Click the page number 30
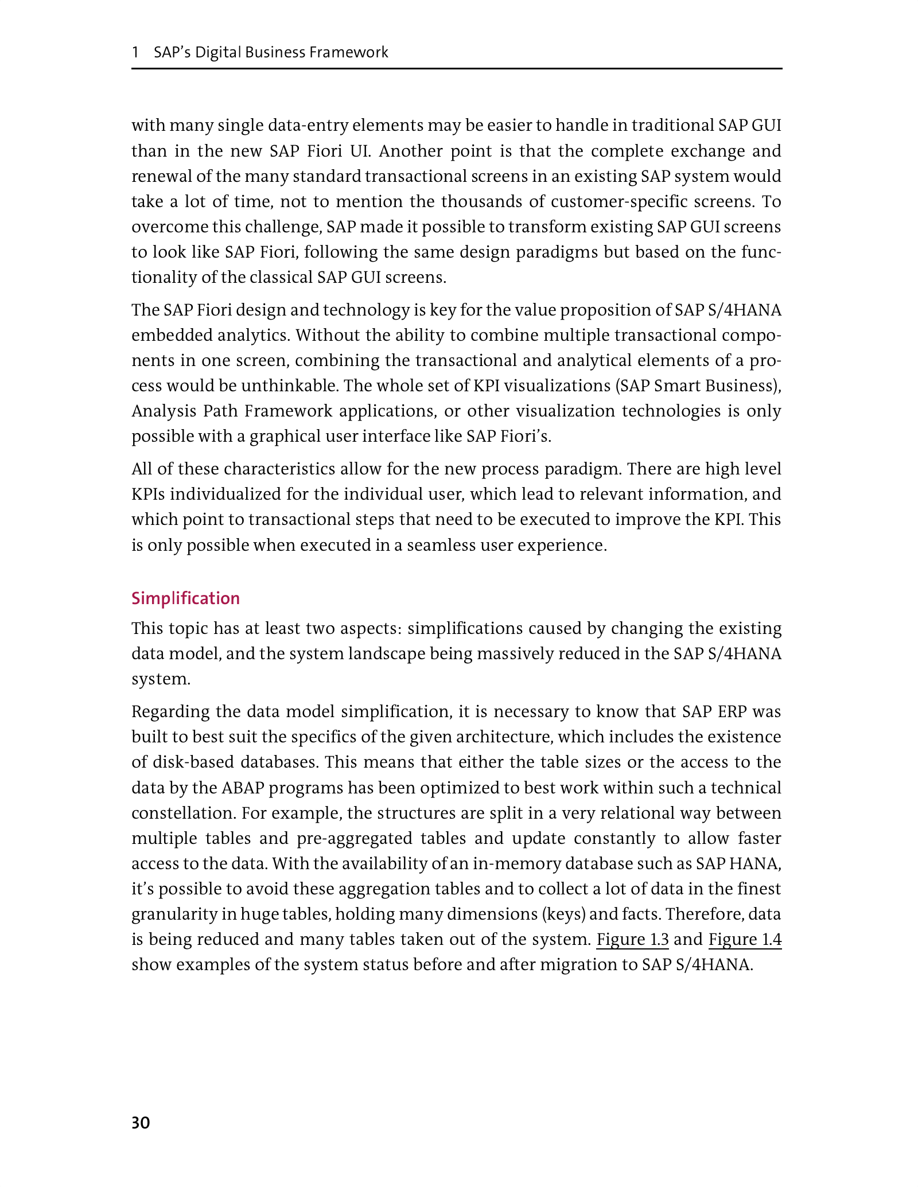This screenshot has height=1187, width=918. coord(141,1123)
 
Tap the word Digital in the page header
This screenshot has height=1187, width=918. coord(218,53)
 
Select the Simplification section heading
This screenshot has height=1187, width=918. coord(185,598)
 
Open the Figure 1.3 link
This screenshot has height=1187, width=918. coord(632,940)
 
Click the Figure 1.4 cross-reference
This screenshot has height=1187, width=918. coord(745,940)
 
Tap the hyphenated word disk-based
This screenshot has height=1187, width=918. coord(192,762)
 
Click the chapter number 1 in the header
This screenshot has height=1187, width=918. coord(135,53)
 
